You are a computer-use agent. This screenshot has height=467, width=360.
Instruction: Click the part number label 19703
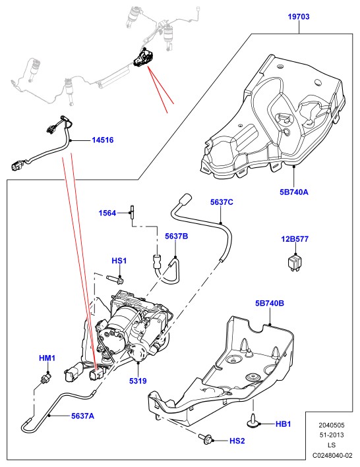[x=299, y=16]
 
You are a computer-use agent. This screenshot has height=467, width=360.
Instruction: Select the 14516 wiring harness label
[x=102, y=140]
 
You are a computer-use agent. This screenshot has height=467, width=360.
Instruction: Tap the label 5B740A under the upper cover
[x=294, y=192]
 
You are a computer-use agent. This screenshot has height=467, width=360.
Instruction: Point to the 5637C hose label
[x=222, y=202]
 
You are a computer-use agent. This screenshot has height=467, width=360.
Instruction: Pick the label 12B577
[x=295, y=239]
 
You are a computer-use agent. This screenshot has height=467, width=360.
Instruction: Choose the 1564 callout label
[x=107, y=213]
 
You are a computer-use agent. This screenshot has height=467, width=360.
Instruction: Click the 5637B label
[x=177, y=236]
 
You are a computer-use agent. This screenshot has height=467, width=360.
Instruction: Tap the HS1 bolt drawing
[x=115, y=279]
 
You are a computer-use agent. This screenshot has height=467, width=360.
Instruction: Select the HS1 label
[x=119, y=261]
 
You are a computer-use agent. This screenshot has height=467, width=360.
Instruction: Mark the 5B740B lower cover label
[x=270, y=304]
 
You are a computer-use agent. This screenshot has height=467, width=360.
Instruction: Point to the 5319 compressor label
[x=138, y=381]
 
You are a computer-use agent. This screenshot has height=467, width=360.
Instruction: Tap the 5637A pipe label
[x=82, y=416]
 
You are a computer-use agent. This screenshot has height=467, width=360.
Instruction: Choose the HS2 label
[x=237, y=441]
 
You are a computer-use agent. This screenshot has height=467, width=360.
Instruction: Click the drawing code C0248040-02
[x=332, y=455]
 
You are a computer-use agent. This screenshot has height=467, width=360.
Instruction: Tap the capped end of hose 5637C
[x=185, y=198]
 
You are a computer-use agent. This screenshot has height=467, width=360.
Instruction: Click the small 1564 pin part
[x=132, y=212]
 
